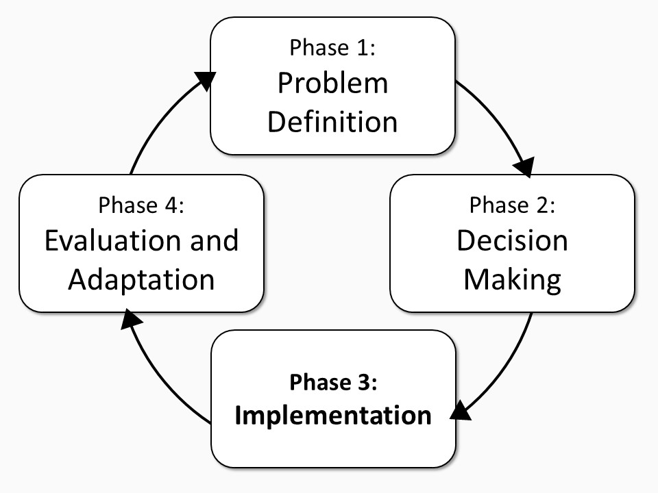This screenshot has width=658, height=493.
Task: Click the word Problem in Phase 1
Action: click(x=333, y=83)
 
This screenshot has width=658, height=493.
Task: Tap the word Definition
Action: click(x=332, y=122)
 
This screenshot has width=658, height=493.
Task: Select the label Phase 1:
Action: click(x=332, y=47)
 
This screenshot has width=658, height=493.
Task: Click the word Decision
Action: click(x=512, y=240)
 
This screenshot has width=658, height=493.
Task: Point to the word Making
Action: click(x=513, y=280)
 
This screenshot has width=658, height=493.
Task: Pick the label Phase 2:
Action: click(x=512, y=205)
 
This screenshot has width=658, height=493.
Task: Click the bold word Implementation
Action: click(x=333, y=416)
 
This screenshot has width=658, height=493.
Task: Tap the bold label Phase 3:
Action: click(x=333, y=382)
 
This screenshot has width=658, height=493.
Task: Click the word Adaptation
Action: click(x=141, y=280)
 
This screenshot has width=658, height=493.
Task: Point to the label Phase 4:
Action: click(x=141, y=205)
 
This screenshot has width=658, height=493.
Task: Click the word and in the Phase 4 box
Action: click(x=215, y=240)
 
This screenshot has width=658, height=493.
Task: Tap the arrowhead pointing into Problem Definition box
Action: click(x=206, y=79)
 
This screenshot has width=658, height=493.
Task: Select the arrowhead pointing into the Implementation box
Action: click(x=461, y=411)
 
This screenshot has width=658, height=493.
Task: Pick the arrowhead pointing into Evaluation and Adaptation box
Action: click(x=131, y=319)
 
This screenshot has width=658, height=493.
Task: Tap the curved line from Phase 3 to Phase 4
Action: click(x=161, y=377)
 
